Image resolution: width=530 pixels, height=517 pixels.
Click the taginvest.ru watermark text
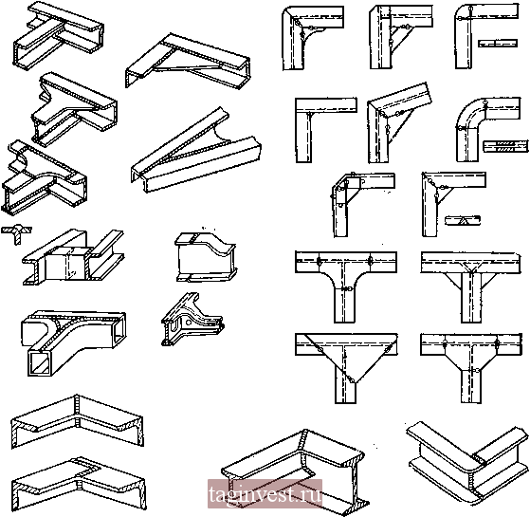[x=265, y=493]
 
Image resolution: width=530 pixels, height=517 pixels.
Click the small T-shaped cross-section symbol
[x=16, y=234]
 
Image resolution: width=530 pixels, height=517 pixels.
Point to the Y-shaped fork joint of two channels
[x=196, y=151]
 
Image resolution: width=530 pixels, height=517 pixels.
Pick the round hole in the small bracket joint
[x=188, y=322]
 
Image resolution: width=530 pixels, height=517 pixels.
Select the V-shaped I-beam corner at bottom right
[x=468, y=462]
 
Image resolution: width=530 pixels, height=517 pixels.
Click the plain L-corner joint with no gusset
[x=325, y=130]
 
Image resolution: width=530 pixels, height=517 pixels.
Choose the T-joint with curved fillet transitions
[x=345, y=286]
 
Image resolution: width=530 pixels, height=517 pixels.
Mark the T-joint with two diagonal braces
[x=470, y=286]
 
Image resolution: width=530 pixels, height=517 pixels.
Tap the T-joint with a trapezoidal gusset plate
[x=470, y=368]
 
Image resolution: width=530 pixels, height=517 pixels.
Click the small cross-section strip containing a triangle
[x=463, y=221]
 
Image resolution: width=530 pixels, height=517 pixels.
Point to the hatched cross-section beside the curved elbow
[x=505, y=146]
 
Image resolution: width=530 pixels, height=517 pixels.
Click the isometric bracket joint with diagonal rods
[x=188, y=61]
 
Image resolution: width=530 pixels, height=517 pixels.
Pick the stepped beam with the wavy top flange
[x=206, y=257]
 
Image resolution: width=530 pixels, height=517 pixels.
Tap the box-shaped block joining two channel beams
[x=67, y=263]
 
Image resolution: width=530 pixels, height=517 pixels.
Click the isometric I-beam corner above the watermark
[x=293, y=470]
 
